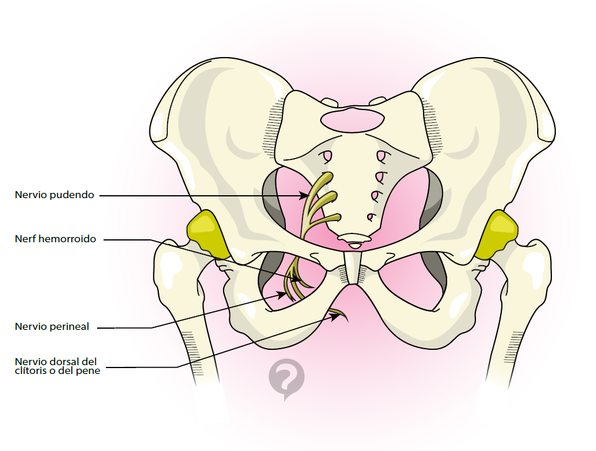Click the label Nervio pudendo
[54, 195]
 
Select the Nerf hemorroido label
[55, 239]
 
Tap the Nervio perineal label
[52, 327]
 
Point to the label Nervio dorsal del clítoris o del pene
[56, 366]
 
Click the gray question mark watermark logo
[287, 378]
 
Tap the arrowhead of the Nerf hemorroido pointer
[301, 279]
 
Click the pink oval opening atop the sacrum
[352, 120]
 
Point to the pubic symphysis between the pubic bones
[352, 268]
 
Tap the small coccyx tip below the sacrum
[354, 239]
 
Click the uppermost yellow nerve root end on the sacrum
[329, 176]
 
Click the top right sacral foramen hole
[381, 156]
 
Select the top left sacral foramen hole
[326, 156]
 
